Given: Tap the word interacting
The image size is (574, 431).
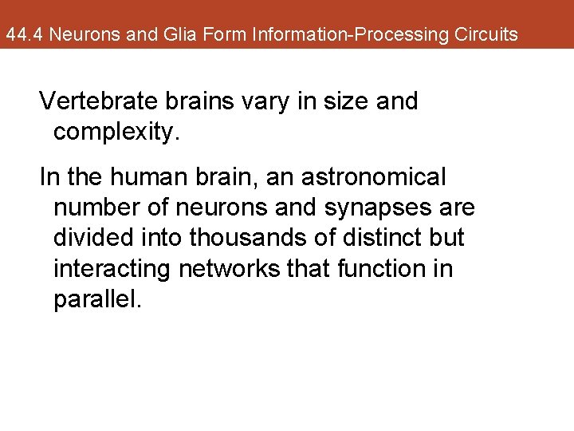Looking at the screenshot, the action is point(112,269).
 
